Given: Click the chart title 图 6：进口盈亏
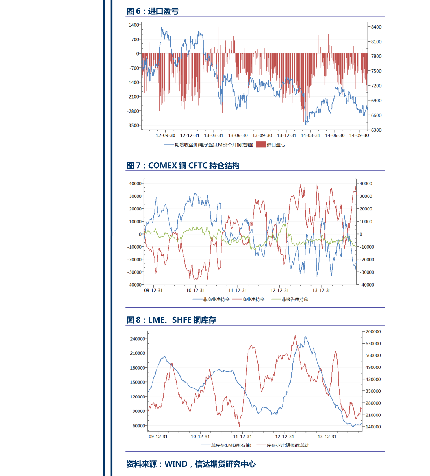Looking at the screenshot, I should [x=152, y=11].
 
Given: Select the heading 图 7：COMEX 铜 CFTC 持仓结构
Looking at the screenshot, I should [x=183, y=166].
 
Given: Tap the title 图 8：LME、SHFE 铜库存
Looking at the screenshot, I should [x=171, y=320].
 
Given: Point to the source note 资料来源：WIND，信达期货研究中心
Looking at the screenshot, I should [x=191, y=464].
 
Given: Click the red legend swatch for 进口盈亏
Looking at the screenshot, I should [x=261, y=145].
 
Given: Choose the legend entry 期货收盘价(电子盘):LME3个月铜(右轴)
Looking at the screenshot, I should [x=214, y=145].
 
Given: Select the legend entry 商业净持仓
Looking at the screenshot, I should [x=253, y=300].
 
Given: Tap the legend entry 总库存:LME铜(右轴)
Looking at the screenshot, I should [x=231, y=445].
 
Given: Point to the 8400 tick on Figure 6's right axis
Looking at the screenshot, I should [x=376, y=27].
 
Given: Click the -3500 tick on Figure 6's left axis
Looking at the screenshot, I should [x=133, y=126].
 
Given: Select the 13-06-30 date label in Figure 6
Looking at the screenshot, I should [x=238, y=136].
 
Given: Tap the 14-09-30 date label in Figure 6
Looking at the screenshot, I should [x=359, y=136].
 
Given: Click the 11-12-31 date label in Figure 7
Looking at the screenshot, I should [x=238, y=291].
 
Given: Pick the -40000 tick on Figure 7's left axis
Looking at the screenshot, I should [x=134, y=285].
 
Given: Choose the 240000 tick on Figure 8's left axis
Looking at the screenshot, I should [x=138, y=339].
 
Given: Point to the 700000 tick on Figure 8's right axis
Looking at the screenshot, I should [x=373, y=332].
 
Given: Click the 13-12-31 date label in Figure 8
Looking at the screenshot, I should [x=327, y=437].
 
